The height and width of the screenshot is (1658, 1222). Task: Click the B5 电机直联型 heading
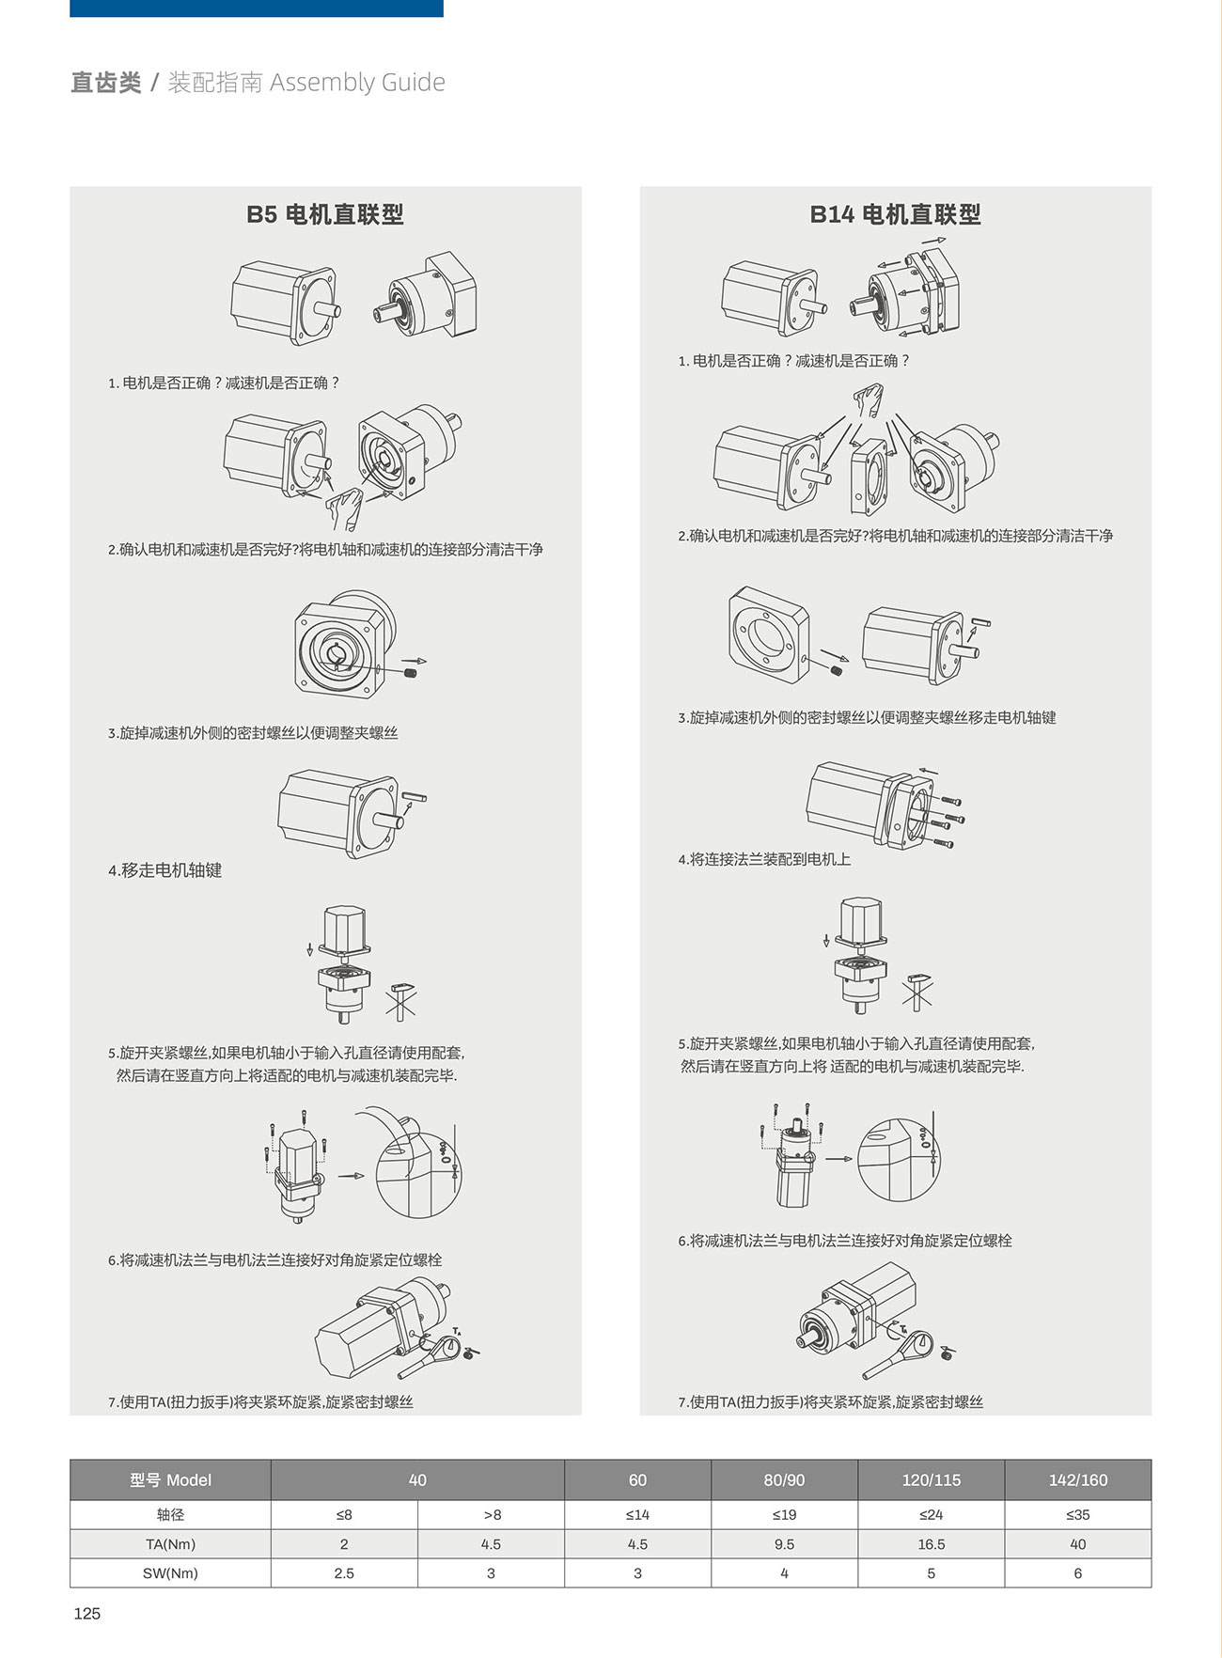tap(325, 214)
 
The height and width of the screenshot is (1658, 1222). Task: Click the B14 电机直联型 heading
tap(895, 214)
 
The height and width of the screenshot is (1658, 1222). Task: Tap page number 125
tap(86, 1613)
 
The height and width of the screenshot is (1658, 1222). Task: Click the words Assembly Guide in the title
tap(357, 83)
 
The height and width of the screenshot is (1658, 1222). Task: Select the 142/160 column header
tap(1078, 1479)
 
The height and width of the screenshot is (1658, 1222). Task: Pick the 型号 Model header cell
tap(170, 1479)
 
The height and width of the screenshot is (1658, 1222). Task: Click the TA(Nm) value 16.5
tap(931, 1543)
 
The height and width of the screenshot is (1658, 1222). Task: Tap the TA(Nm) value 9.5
tap(784, 1543)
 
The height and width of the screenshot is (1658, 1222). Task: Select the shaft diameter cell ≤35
tap(1078, 1514)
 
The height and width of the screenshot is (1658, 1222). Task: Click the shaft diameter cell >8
tap(491, 1514)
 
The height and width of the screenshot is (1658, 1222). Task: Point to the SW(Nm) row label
tap(170, 1572)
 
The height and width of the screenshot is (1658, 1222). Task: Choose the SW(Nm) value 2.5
tap(344, 1572)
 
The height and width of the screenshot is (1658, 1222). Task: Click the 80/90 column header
tap(784, 1479)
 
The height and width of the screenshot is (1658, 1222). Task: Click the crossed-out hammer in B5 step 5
tap(400, 1002)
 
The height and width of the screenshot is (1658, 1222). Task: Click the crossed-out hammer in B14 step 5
tap(917, 992)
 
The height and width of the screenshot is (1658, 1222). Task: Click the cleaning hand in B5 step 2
tap(344, 508)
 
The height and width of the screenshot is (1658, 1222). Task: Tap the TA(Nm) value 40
tap(1078, 1543)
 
